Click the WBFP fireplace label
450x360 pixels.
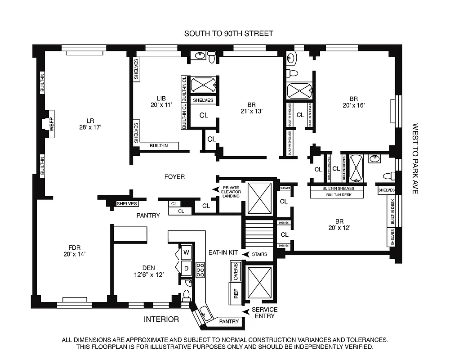[51, 124]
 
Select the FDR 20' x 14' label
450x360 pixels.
[74, 250]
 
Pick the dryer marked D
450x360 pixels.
[186, 269]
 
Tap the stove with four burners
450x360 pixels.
[200, 269]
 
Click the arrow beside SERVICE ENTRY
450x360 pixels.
[245, 311]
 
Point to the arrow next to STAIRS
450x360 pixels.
[246, 254]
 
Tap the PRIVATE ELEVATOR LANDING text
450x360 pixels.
[231, 192]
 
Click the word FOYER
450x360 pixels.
[174, 177]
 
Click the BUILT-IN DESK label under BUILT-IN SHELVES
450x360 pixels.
[337, 195]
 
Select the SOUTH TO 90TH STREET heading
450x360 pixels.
[229, 34]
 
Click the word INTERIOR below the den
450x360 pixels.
[161, 319]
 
